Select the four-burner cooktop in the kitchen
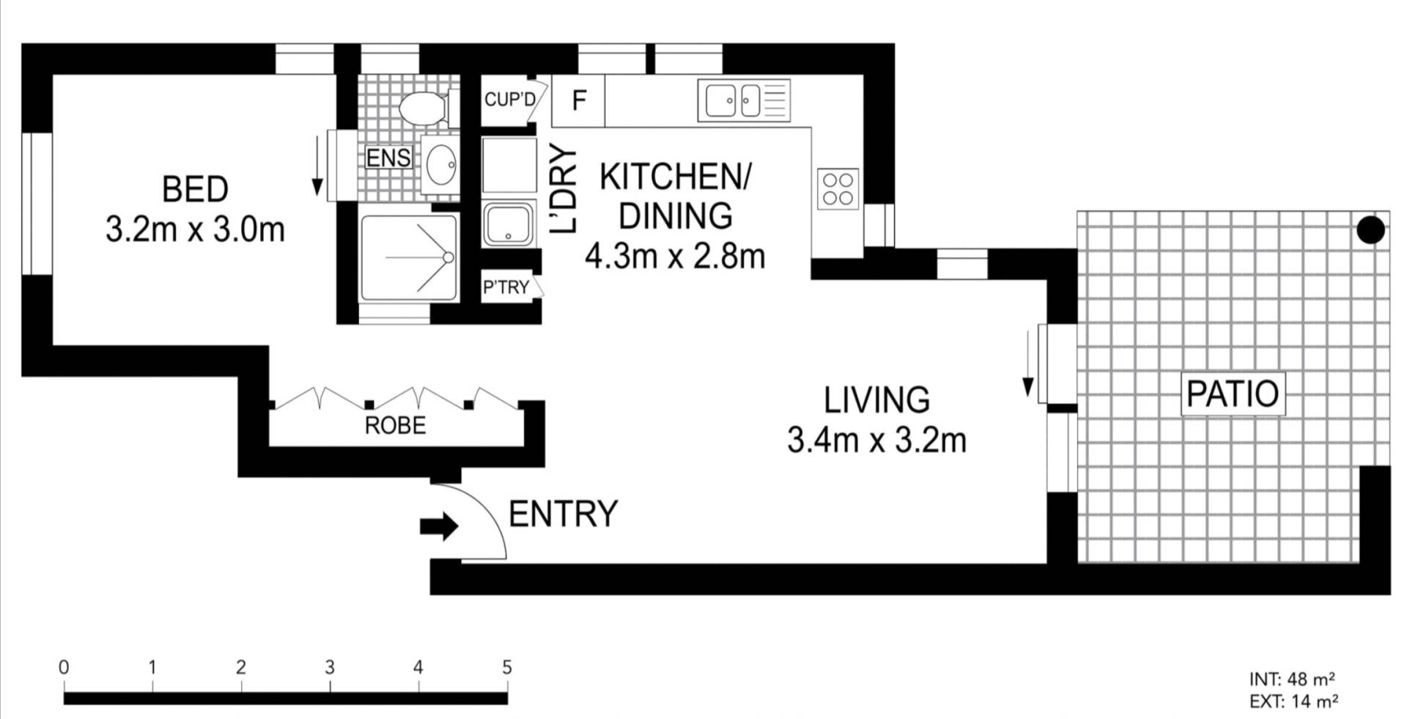pyautogui.click(x=838, y=188)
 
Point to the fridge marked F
pyautogui.click(x=578, y=100)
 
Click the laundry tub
pyautogui.click(x=509, y=223)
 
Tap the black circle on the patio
pyautogui.click(x=1370, y=230)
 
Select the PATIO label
pyautogui.click(x=1233, y=394)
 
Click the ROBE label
pyautogui.click(x=395, y=425)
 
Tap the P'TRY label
pyautogui.click(x=506, y=287)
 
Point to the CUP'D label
pyautogui.click(x=510, y=99)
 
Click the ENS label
pyautogui.click(x=388, y=158)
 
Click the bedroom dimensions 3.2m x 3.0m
pyautogui.click(x=195, y=230)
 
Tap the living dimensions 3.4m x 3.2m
pyautogui.click(x=876, y=440)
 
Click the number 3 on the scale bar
pyautogui.click(x=330, y=667)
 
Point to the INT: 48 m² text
pyautogui.click(x=1292, y=679)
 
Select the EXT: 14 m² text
pyautogui.click(x=1294, y=701)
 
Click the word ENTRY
pyautogui.click(x=563, y=515)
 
